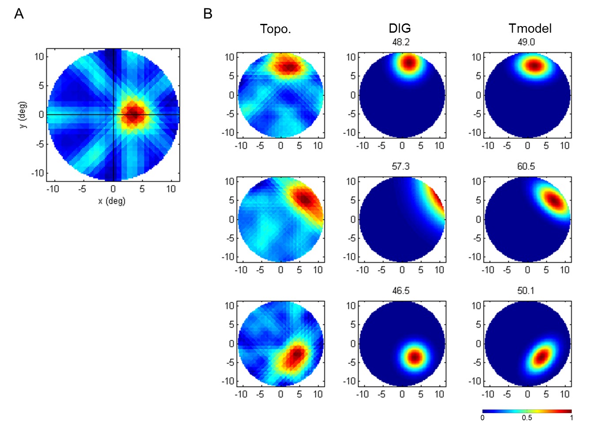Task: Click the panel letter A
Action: point(19,14)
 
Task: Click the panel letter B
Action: point(208,14)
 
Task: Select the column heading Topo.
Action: point(275,29)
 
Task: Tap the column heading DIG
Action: point(400,29)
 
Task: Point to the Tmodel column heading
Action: point(530,29)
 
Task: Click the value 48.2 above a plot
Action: point(401,42)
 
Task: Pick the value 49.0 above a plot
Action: point(526,42)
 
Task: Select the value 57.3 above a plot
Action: point(401,167)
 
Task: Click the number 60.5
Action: point(526,167)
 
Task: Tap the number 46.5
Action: point(401,291)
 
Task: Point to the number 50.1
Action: point(526,291)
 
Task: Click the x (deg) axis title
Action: point(112,201)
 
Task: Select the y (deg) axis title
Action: point(23,115)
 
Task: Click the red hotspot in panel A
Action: point(133,115)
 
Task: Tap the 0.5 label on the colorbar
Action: point(526,417)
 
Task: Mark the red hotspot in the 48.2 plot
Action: point(409,63)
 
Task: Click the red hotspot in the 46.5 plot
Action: point(414,356)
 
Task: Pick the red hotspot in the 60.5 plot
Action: point(553,200)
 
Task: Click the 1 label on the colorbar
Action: point(571,417)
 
